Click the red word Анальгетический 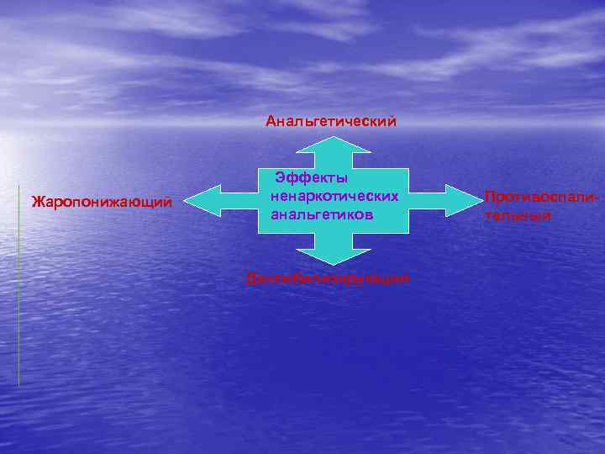click(x=330, y=122)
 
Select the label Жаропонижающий click(x=101, y=202)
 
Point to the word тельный click(x=518, y=216)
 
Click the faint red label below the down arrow click(x=328, y=278)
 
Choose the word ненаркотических click(x=334, y=196)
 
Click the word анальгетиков click(x=322, y=214)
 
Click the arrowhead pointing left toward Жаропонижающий click(x=198, y=201)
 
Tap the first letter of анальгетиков click(x=275, y=215)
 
